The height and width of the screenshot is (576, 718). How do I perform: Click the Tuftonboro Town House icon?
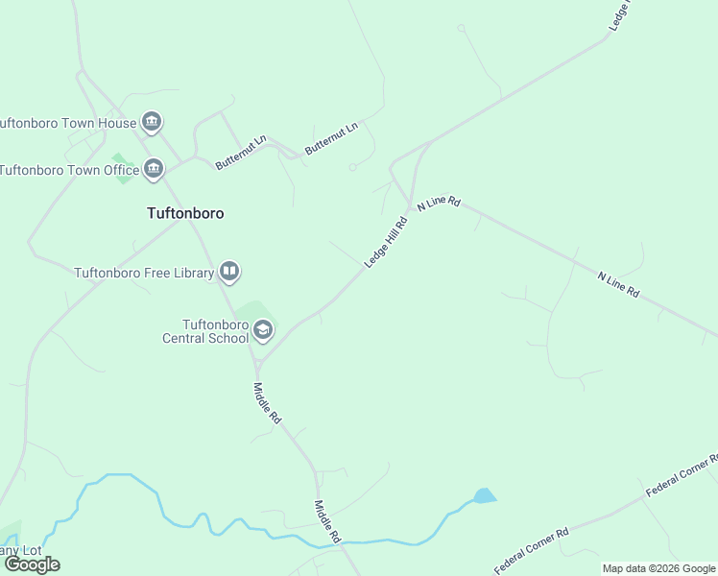(x=152, y=122)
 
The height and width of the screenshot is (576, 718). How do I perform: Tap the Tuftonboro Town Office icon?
(x=154, y=170)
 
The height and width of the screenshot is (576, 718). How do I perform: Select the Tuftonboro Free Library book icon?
(x=229, y=273)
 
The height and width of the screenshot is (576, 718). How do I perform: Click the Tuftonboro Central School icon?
(x=262, y=331)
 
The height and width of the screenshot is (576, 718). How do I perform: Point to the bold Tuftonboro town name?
(x=185, y=213)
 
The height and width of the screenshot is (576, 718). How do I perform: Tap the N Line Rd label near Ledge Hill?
(x=439, y=203)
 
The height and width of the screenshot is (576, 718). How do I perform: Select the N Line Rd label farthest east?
(x=618, y=284)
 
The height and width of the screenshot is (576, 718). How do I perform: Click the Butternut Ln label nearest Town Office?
(x=236, y=154)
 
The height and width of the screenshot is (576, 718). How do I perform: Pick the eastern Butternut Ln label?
(x=331, y=138)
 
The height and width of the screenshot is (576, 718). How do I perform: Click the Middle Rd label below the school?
(x=267, y=403)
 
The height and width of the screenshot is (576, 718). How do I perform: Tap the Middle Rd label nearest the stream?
(x=328, y=522)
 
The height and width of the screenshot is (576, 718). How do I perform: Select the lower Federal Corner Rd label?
(x=532, y=549)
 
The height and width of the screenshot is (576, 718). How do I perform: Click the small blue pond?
(x=485, y=496)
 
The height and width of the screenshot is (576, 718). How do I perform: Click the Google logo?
(x=32, y=564)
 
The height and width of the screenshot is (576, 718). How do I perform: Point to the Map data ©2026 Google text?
(x=658, y=568)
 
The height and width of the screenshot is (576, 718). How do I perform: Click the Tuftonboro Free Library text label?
(x=144, y=273)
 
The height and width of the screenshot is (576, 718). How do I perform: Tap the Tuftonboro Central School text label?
(x=206, y=331)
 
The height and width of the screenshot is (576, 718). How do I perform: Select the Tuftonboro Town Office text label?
(x=69, y=170)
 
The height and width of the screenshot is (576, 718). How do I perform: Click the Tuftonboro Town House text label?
(x=66, y=123)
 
